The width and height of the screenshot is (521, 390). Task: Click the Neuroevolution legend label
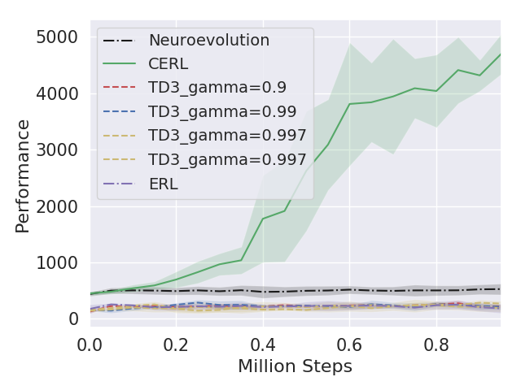point(208,40)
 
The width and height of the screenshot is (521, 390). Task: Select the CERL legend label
point(169,63)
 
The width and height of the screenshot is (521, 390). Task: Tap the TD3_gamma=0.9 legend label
point(217,88)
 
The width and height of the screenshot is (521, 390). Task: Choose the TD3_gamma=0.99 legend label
point(221,111)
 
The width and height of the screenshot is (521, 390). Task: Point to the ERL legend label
point(163,184)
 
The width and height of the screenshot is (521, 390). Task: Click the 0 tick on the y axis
point(73,318)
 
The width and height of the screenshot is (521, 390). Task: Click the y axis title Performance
point(24,175)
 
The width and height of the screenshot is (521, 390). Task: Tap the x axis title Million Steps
point(295,366)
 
